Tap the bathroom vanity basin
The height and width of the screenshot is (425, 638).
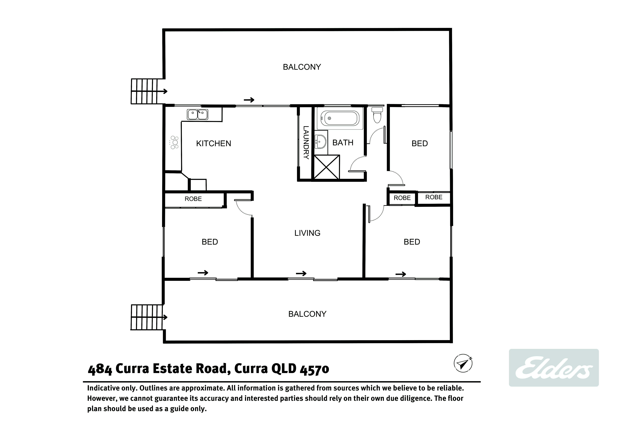(321, 142)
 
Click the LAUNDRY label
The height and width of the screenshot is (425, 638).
(306, 142)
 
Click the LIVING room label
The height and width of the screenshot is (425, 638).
(307, 233)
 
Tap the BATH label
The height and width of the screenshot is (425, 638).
(343, 143)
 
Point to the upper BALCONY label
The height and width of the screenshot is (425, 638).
(302, 67)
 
